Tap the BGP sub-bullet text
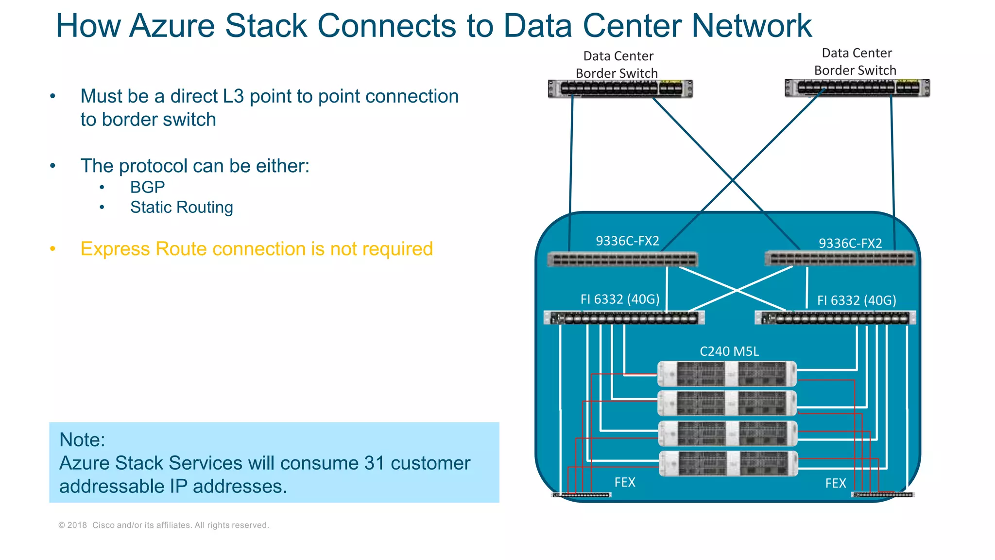147,187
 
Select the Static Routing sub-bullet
181,208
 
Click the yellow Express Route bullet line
256,249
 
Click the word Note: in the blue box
82,440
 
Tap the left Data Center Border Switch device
620,89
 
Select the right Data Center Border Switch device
857,88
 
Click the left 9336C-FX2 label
627,241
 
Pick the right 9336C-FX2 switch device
840,259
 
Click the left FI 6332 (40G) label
620,299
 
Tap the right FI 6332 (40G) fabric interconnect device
835,318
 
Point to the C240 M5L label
729,351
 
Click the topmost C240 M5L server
727,374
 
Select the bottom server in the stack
728,463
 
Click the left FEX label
625,482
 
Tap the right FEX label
836,483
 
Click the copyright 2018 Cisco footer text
163,525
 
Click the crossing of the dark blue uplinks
733,180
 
